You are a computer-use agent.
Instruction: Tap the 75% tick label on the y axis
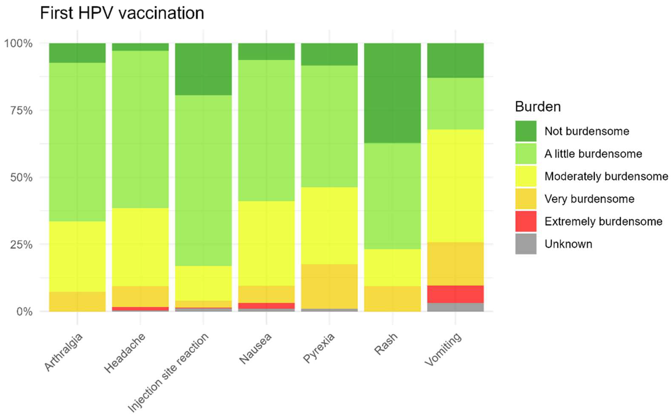pos(21,111)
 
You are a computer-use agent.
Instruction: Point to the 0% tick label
pos(24,312)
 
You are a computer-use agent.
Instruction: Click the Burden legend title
pos(538,107)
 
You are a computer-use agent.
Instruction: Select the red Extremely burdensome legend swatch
pos(526,221)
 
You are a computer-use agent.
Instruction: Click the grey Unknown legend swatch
pos(526,244)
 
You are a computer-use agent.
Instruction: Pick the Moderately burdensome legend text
pos(606,176)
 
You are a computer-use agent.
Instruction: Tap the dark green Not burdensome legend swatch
pos(526,131)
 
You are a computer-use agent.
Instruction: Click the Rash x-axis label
pos(386,344)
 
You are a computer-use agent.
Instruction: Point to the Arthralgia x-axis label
pos(63,352)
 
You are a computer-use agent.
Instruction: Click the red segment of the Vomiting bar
pos(455,294)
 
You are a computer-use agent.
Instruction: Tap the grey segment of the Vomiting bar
pos(455,307)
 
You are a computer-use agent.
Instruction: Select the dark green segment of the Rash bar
pos(392,93)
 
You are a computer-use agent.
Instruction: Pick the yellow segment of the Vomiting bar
pos(455,186)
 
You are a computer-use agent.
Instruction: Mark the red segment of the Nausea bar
pos(266,306)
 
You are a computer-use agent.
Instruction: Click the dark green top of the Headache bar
pos(140,47)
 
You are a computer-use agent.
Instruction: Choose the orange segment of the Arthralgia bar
pos(77,302)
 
